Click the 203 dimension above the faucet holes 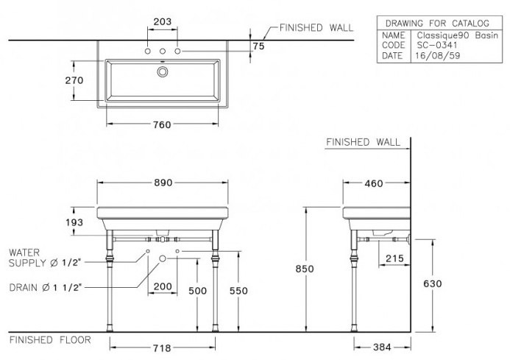[163, 21]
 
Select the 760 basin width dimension [162, 124]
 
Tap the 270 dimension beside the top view [74, 80]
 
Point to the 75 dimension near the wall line [258, 46]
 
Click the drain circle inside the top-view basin [163, 71]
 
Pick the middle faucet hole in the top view [163, 51]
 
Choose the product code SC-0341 [437, 45]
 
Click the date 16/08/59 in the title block [438, 56]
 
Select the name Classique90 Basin [457, 35]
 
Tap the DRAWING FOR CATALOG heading [437, 24]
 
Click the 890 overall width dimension [163, 183]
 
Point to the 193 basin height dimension [74, 222]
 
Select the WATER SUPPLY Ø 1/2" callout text [45, 258]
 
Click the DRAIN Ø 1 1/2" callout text [46, 287]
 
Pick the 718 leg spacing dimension [162, 348]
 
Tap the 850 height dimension [305, 269]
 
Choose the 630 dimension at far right [433, 284]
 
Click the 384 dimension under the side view [382, 347]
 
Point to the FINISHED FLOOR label [50, 340]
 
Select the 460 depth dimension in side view [374, 183]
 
